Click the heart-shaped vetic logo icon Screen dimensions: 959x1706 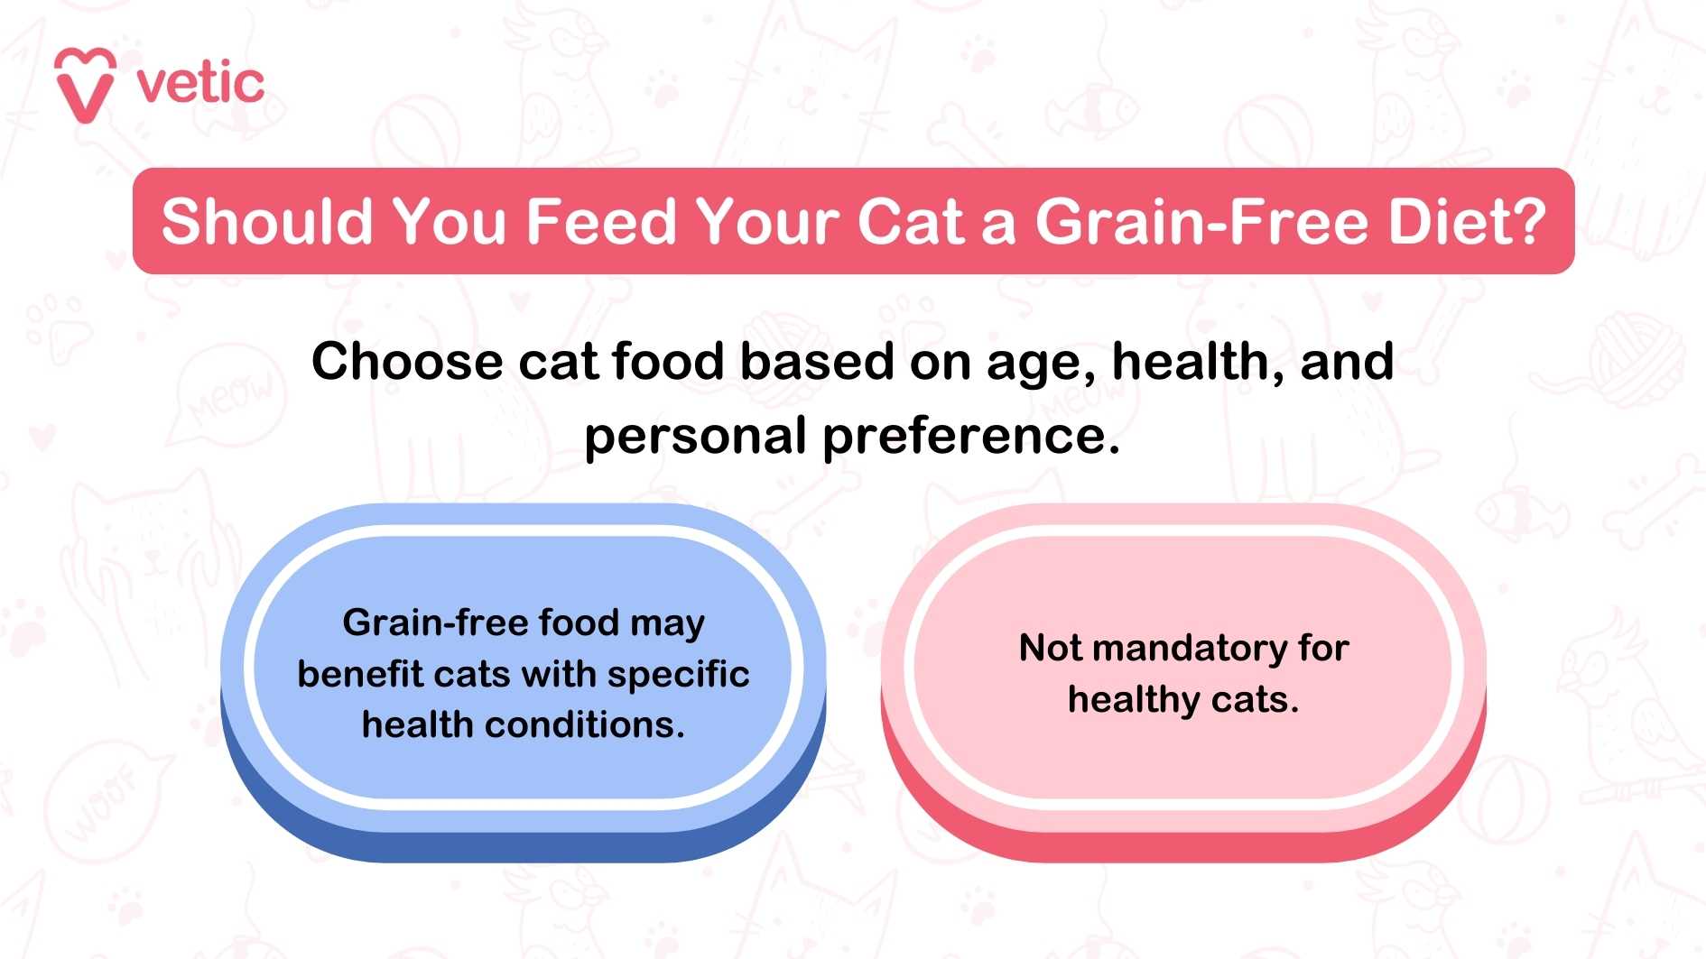(85, 85)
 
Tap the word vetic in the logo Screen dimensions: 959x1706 (200, 84)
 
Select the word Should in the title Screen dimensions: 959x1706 (267, 222)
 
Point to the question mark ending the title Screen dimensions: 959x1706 (1527, 222)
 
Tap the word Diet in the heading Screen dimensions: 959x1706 (1444, 222)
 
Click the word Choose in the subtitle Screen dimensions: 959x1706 (407, 363)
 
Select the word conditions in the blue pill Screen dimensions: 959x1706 (585, 724)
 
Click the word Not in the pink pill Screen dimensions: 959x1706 (1050, 648)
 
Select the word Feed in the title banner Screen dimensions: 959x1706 (600, 222)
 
